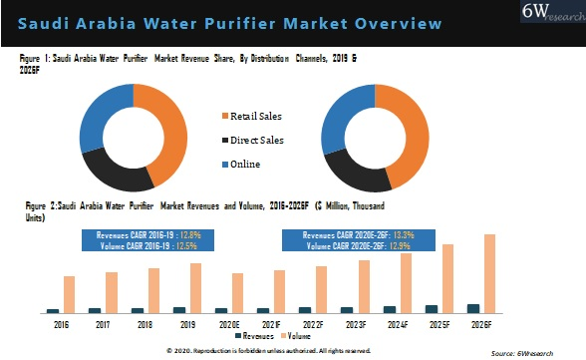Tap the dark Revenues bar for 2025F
click(432, 309)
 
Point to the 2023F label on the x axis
click(356, 325)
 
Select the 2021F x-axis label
click(272, 325)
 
